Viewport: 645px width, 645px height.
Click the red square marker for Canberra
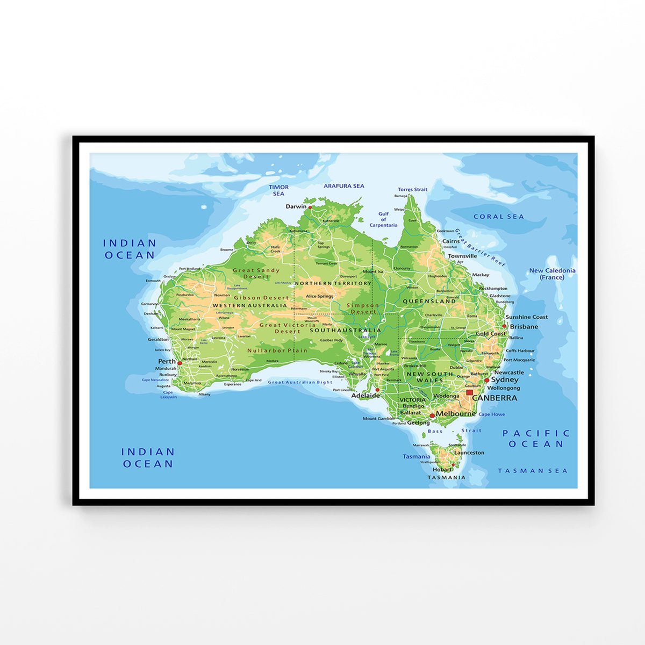(x=469, y=393)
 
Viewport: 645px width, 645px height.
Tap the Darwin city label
(x=296, y=206)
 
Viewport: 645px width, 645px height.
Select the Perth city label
(x=167, y=361)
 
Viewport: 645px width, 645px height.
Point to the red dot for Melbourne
(x=432, y=415)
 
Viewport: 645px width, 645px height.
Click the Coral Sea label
(x=498, y=217)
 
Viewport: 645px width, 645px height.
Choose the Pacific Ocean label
(x=536, y=439)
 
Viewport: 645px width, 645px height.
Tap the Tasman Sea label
(x=532, y=471)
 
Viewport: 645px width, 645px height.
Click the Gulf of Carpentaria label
(x=383, y=219)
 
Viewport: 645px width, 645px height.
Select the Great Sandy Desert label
(x=256, y=274)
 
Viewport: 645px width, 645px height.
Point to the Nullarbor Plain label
(x=277, y=351)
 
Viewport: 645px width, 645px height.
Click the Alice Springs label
(x=319, y=296)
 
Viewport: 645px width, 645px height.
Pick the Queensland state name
(x=429, y=302)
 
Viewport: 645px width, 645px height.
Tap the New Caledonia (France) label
(x=552, y=274)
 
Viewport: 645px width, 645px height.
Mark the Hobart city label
(x=442, y=469)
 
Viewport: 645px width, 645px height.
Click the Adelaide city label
(x=365, y=396)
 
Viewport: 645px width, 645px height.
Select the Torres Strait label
(x=412, y=189)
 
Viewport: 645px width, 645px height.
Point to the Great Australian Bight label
(x=300, y=382)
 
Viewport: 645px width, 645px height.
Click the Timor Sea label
(x=278, y=190)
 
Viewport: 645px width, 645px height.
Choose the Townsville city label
(x=462, y=256)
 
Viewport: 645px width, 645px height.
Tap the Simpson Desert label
(x=363, y=309)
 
